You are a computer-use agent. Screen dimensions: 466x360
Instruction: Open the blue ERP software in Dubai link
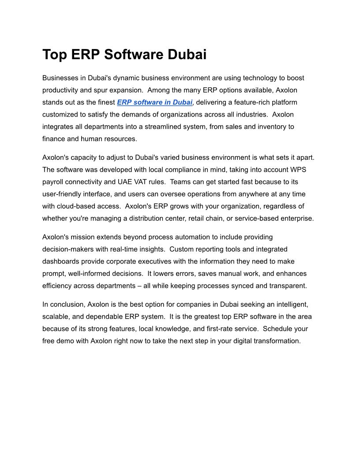click(x=154, y=102)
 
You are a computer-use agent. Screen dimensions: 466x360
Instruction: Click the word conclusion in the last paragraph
click(x=67, y=304)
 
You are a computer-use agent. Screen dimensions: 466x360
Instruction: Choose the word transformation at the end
click(x=274, y=341)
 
